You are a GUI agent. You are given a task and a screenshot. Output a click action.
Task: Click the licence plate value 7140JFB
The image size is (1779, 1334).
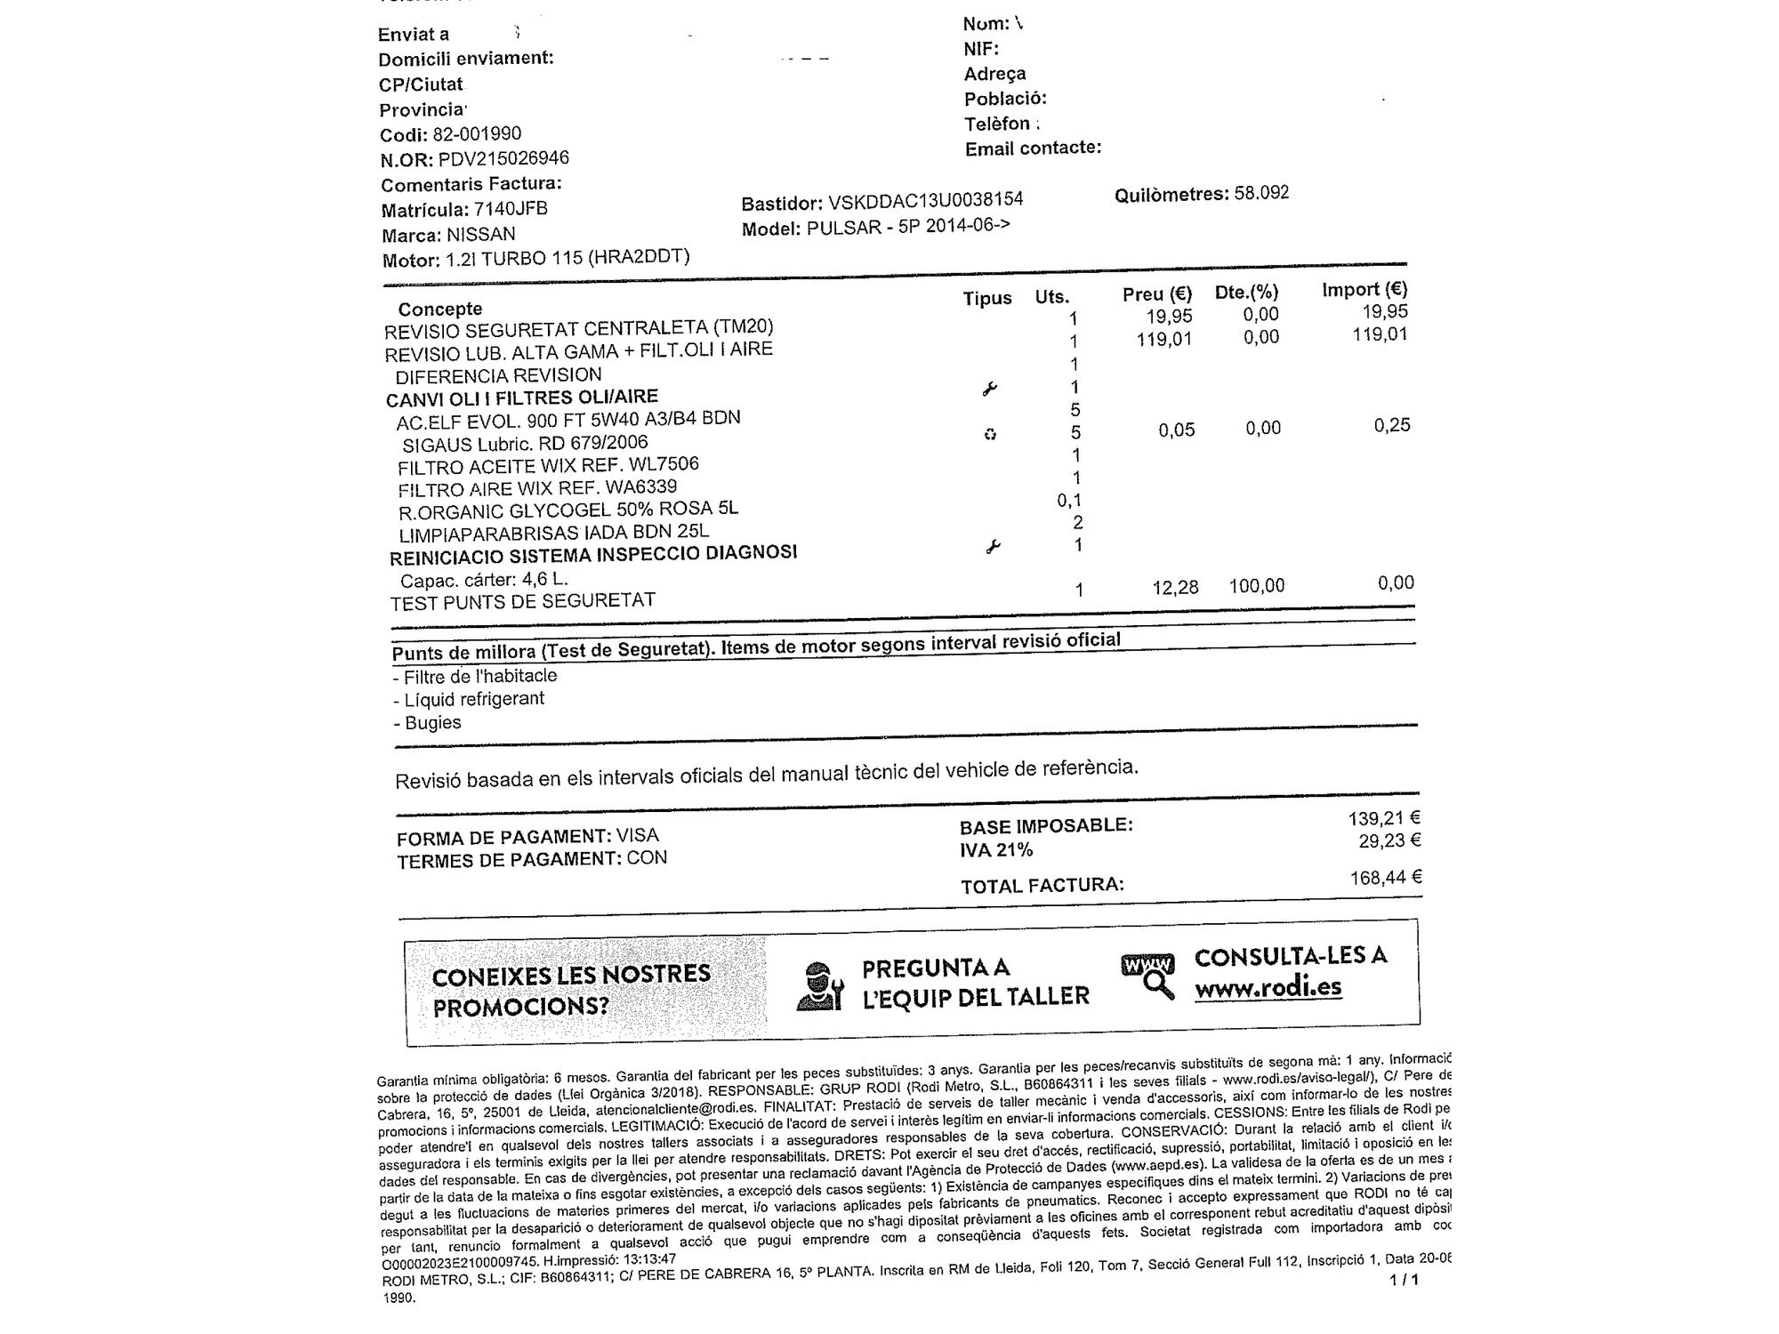pyautogui.click(x=511, y=209)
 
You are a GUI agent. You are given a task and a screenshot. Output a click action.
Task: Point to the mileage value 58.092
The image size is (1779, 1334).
pyautogui.click(x=1261, y=193)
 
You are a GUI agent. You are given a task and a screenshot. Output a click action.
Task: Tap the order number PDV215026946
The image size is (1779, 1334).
pyautogui.click(x=503, y=158)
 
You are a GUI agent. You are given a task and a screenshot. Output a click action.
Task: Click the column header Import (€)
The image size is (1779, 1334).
pyautogui.click(x=1364, y=289)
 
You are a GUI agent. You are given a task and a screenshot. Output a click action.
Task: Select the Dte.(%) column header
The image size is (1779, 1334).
pyautogui.click(x=1246, y=292)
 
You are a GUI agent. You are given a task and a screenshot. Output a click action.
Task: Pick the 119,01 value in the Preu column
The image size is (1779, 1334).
pyautogui.click(x=1164, y=339)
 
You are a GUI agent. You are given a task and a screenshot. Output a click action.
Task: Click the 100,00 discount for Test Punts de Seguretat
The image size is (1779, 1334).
pyautogui.click(x=1256, y=586)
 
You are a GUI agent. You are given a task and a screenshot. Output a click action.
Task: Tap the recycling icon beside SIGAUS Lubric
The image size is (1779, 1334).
pyautogui.click(x=990, y=434)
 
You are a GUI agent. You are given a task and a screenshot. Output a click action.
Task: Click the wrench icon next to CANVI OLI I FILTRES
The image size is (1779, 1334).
pyautogui.click(x=989, y=389)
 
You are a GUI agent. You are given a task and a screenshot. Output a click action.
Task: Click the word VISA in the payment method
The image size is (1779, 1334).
pyautogui.click(x=638, y=836)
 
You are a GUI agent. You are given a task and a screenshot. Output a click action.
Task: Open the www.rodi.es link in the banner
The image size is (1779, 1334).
pyautogui.click(x=1268, y=988)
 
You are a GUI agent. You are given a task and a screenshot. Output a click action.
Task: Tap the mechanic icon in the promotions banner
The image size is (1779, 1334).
pyautogui.click(x=819, y=986)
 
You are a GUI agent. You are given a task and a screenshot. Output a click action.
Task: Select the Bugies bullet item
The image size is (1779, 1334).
pyautogui.click(x=432, y=723)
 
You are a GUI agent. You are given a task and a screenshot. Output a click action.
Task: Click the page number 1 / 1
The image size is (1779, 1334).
pyautogui.click(x=1404, y=1280)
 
